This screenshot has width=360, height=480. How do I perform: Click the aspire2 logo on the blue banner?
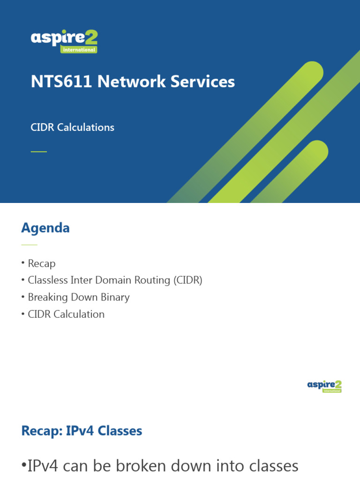64,41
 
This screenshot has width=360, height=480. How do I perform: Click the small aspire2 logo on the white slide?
324,386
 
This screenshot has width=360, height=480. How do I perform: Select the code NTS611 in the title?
62,82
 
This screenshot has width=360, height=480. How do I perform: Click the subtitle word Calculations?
86,127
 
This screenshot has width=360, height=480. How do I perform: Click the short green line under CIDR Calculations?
39,151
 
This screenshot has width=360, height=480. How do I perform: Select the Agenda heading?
45,228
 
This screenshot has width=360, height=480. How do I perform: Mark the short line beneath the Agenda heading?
29,245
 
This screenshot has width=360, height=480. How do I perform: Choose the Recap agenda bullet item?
41,263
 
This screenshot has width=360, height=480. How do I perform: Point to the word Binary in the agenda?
115,297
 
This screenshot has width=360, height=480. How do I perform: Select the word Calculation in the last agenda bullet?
79,314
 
